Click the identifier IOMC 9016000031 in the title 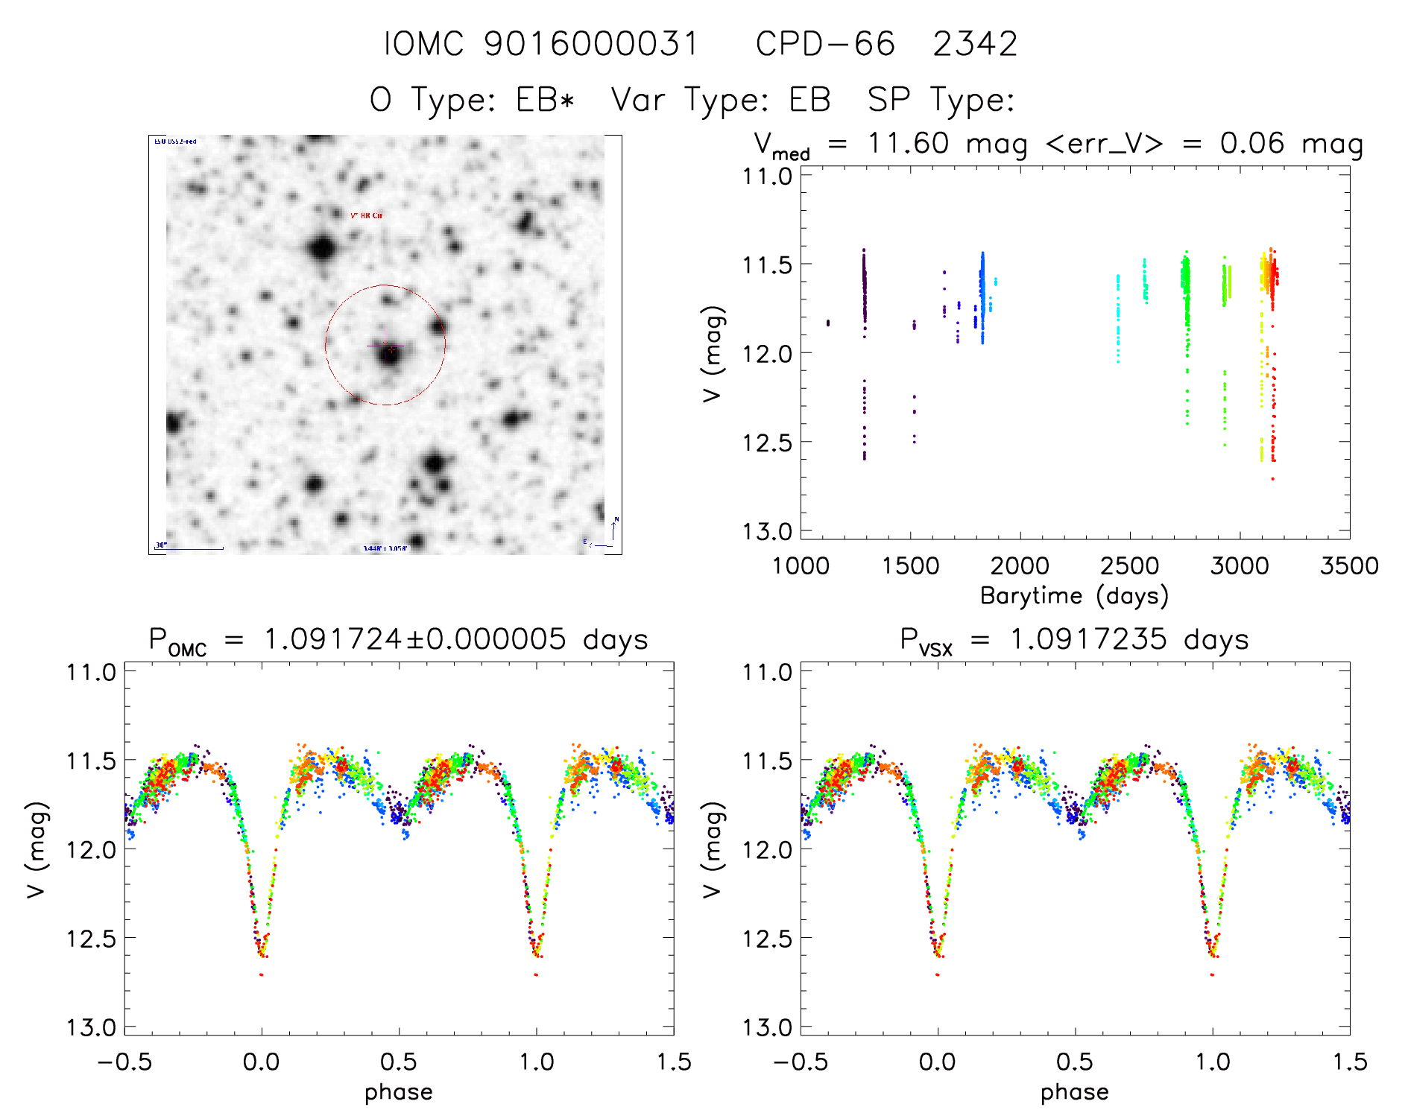click(x=541, y=45)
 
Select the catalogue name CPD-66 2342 click(x=886, y=45)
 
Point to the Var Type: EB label click(x=720, y=100)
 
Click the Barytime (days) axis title click(x=1073, y=596)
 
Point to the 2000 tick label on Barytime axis click(x=1019, y=566)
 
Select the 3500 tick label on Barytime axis click(x=1348, y=566)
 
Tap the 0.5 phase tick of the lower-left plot click(x=398, y=1062)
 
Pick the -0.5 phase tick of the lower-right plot click(x=800, y=1062)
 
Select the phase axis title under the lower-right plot click(x=1074, y=1092)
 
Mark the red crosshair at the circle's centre click(x=386, y=346)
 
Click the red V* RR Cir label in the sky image click(x=366, y=215)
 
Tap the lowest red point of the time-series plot click(x=1272, y=479)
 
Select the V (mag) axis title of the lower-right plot click(x=713, y=849)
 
